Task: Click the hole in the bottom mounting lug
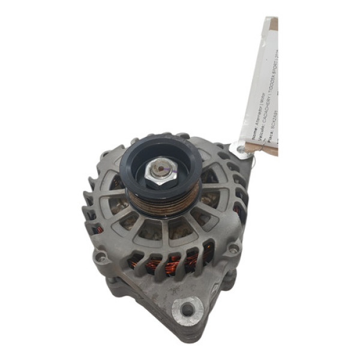[x=188, y=310]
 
